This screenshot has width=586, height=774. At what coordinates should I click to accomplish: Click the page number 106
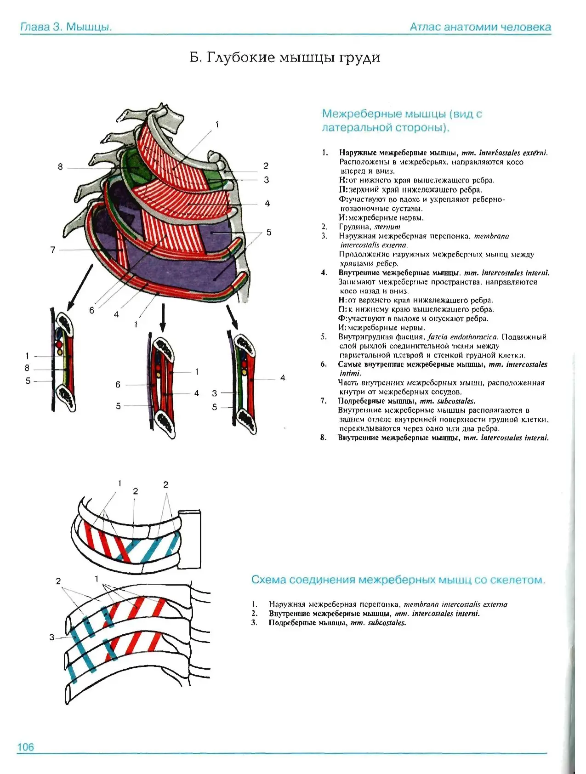click(26, 747)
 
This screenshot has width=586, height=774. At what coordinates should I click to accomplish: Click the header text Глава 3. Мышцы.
click(66, 27)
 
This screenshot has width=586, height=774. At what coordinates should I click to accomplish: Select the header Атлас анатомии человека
click(480, 27)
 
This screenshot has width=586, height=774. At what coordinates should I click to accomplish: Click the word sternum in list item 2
click(387, 227)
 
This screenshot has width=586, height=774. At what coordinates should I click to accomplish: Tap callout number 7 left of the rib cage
click(53, 250)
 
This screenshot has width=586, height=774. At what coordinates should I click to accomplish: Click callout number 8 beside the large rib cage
click(60, 167)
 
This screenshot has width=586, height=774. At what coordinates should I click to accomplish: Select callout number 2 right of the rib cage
click(266, 166)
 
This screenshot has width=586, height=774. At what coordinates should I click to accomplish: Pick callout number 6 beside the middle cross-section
click(118, 384)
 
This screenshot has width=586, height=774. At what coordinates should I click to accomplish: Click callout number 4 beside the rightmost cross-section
click(283, 378)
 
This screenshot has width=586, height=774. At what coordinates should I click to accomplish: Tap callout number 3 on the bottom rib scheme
click(52, 637)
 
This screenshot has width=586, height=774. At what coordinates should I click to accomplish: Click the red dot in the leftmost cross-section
click(58, 344)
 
